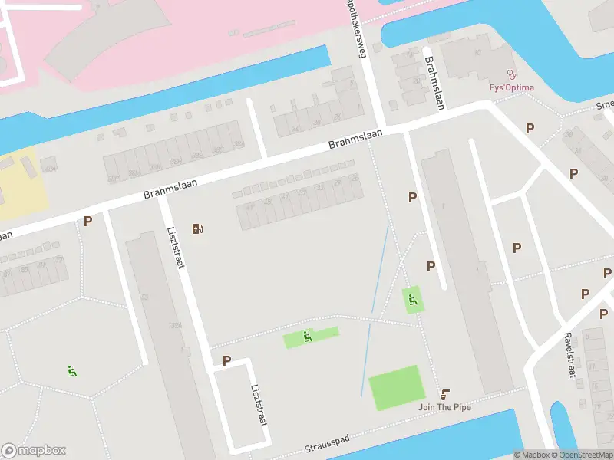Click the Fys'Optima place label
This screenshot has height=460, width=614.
pyautogui.click(x=512, y=87)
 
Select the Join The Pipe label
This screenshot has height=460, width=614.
pyautogui.click(x=444, y=406)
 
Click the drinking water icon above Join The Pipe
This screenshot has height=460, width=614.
pyautogui.click(x=445, y=393)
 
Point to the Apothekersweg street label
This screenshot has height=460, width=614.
pyautogui.click(x=355, y=28)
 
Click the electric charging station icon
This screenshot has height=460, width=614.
pyautogui.click(x=198, y=228)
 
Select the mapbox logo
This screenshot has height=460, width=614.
pyautogui.click(x=34, y=451)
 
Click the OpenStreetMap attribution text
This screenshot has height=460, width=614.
pyautogui.click(x=584, y=455)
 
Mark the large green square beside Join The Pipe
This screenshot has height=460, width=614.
pyautogui.click(x=396, y=387)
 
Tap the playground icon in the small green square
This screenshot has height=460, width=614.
pyautogui.click(x=414, y=300)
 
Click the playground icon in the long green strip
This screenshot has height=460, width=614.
pyautogui.click(x=308, y=336)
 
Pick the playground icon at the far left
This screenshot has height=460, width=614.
pyautogui.click(x=72, y=372)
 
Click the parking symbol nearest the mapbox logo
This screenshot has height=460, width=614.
pyautogui.click(x=88, y=222)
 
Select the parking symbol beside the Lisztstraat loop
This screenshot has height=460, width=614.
pyautogui.click(x=226, y=360)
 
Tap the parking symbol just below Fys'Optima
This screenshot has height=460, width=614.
pyautogui.click(x=530, y=128)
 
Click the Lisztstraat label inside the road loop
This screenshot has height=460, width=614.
pyautogui.click(x=258, y=402)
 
